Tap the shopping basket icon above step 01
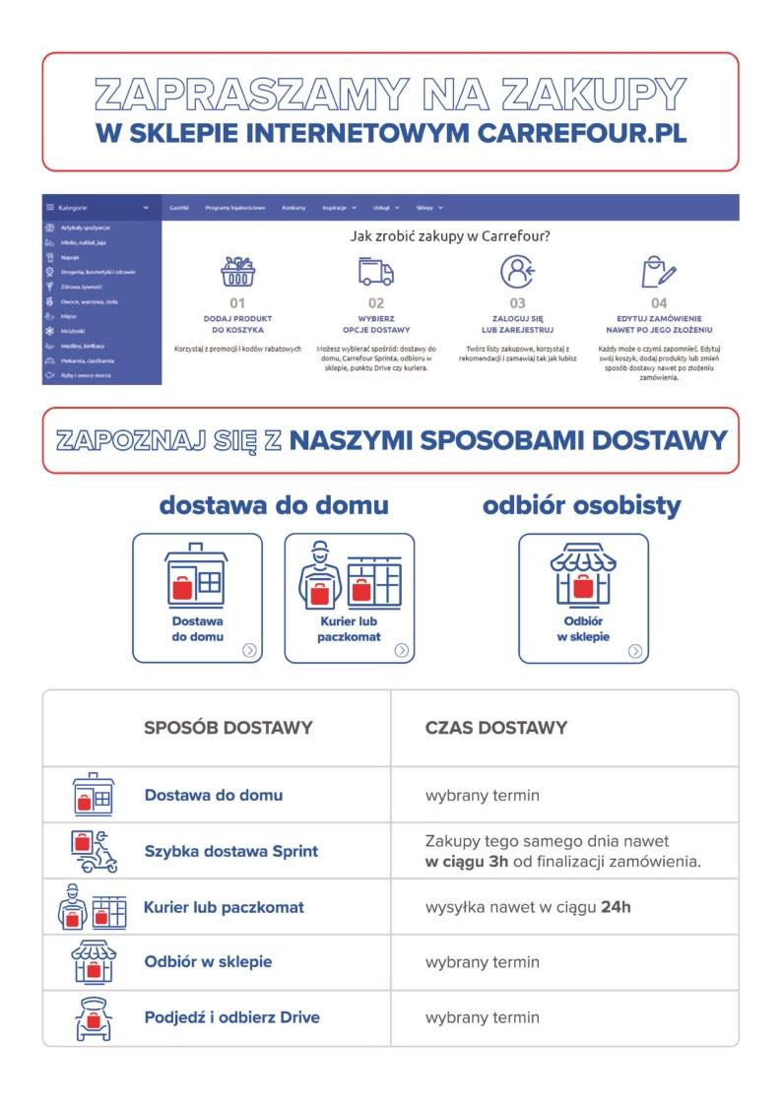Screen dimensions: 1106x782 point(237,271)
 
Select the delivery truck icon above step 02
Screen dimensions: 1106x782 point(375,271)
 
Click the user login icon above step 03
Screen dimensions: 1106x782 point(517,271)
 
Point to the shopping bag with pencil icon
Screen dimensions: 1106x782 point(659,271)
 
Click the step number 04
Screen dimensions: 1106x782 point(659,303)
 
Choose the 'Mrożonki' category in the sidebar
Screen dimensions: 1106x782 point(73,331)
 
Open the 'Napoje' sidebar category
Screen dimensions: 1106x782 point(70,256)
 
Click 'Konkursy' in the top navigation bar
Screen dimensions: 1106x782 point(293,208)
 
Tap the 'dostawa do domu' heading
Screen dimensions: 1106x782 point(274,505)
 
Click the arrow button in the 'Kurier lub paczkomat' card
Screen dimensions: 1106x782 point(402,650)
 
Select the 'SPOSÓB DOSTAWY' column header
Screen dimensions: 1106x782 point(228,728)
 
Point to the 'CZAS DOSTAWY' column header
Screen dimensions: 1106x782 point(496,728)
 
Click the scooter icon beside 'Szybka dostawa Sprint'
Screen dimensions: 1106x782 point(95,851)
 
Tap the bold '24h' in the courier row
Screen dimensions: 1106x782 point(616,907)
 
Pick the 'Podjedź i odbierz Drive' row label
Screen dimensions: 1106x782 point(231,1017)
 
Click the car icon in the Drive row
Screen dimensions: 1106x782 point(93,1018)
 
